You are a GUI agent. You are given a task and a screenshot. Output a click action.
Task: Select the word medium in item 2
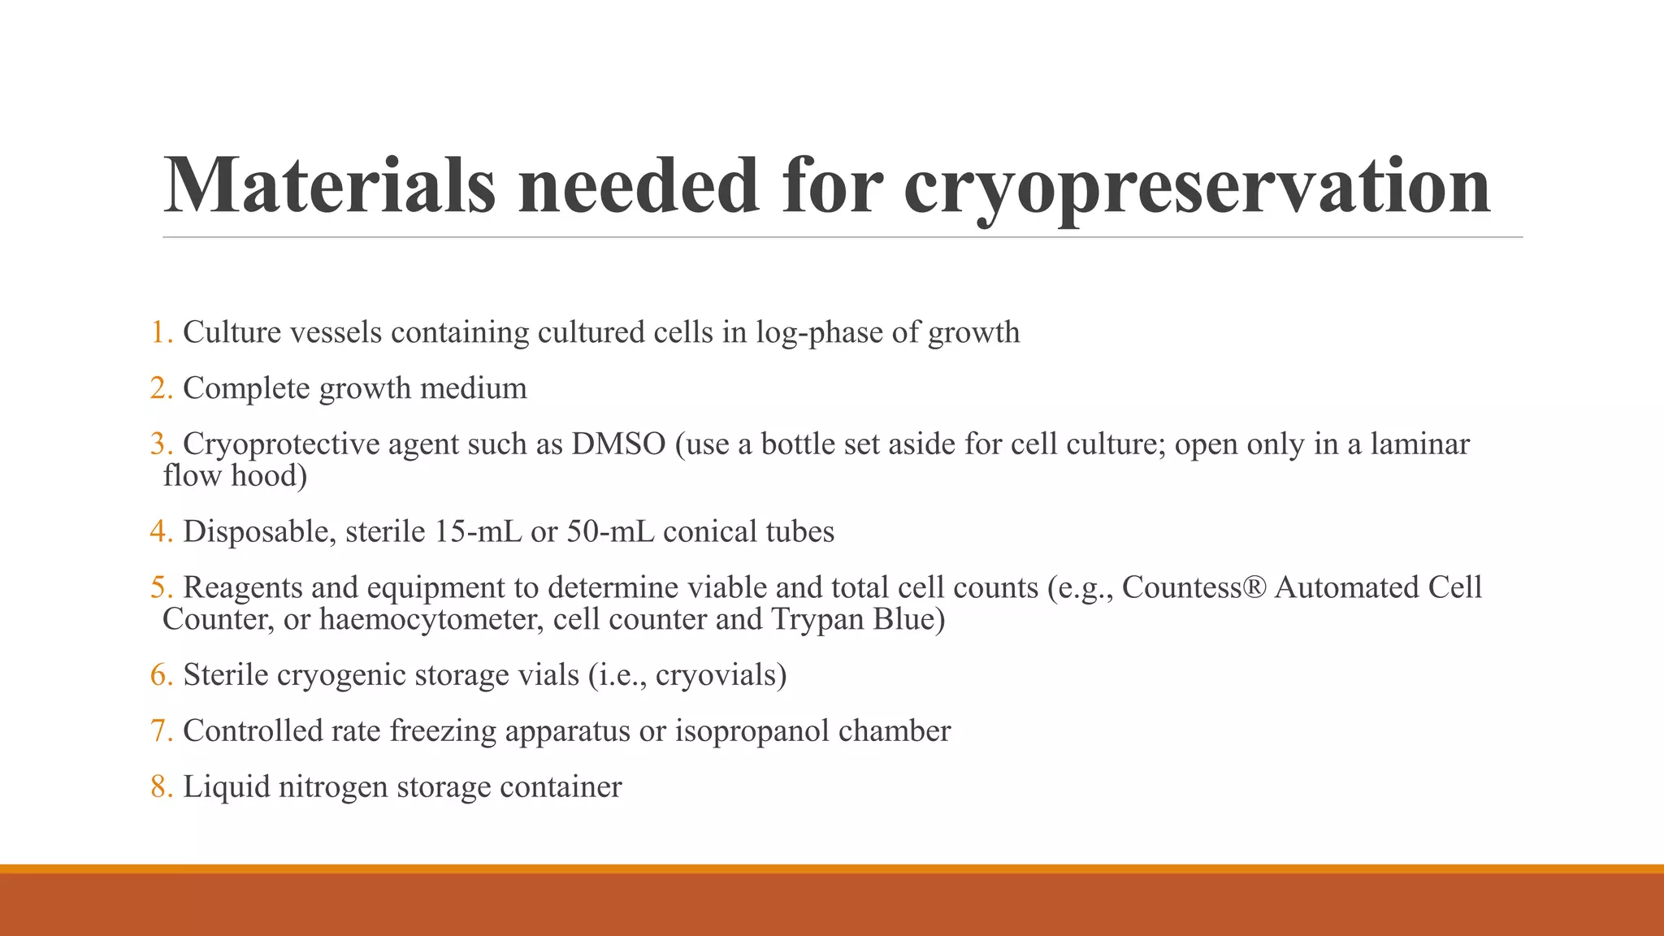point(473,388)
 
